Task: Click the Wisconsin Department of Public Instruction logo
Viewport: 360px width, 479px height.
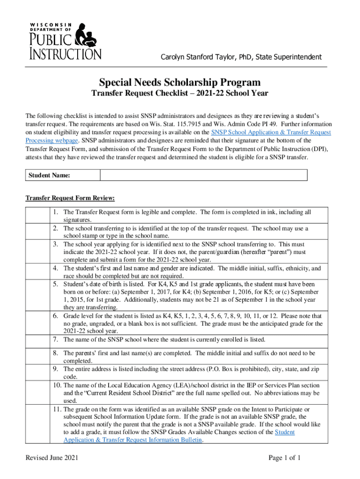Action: (64, 41)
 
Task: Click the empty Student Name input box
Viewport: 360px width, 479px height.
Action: (203, 175)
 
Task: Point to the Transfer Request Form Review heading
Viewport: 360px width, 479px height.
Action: (70, 198)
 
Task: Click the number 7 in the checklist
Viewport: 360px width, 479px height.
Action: (55, 339)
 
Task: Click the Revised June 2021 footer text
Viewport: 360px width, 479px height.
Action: (51, 458)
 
